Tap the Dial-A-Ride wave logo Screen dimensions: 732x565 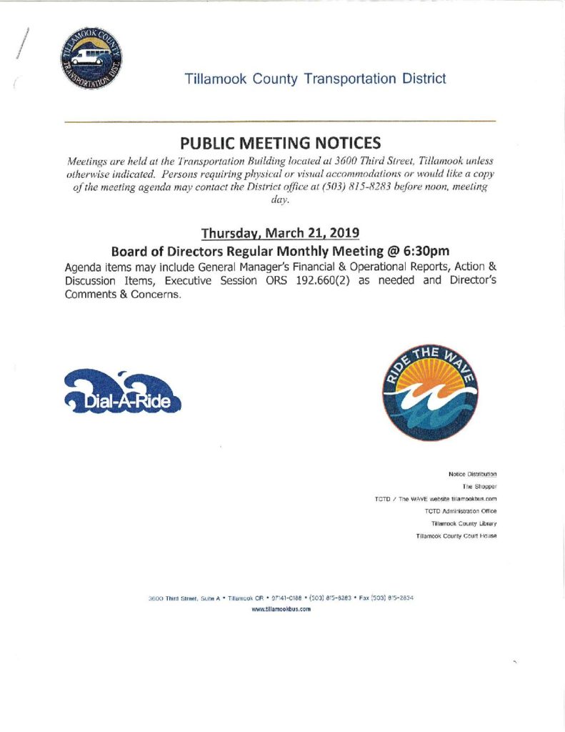click(122, 392)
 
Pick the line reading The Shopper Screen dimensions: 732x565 click(479, 486)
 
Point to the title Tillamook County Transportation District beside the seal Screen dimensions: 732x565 click(315, 79)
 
